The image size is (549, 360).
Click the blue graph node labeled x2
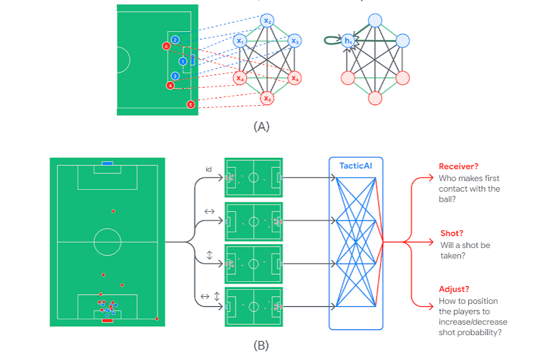tap(267, 21)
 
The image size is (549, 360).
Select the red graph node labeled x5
tap(267, 98)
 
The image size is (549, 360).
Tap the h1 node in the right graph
tap(349, 41)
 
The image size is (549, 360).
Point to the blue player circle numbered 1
tap(183, 61)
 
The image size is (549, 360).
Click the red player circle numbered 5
tap(191, 104)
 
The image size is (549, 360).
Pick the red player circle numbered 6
tap(166, 46)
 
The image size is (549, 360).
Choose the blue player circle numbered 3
tap(175, 76)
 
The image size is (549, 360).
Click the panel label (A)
tap(262, 126)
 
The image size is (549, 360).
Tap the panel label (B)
tap(261, 345)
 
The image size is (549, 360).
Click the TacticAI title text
tap(355, 165)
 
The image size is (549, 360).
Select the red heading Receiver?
tap(458, 167)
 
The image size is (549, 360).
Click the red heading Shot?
tap(451, 233)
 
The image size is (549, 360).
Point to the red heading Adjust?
tap(454, 289)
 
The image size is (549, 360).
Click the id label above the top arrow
tap(208, 169)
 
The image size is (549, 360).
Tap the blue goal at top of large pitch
tap(108, 163)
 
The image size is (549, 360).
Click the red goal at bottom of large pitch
tap(107, 321)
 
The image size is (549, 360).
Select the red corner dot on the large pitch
tap(156, 319)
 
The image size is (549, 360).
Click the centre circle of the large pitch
tap(107, 241)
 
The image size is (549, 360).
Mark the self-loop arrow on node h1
tap(330, 41)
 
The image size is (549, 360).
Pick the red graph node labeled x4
tap(240, 78)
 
